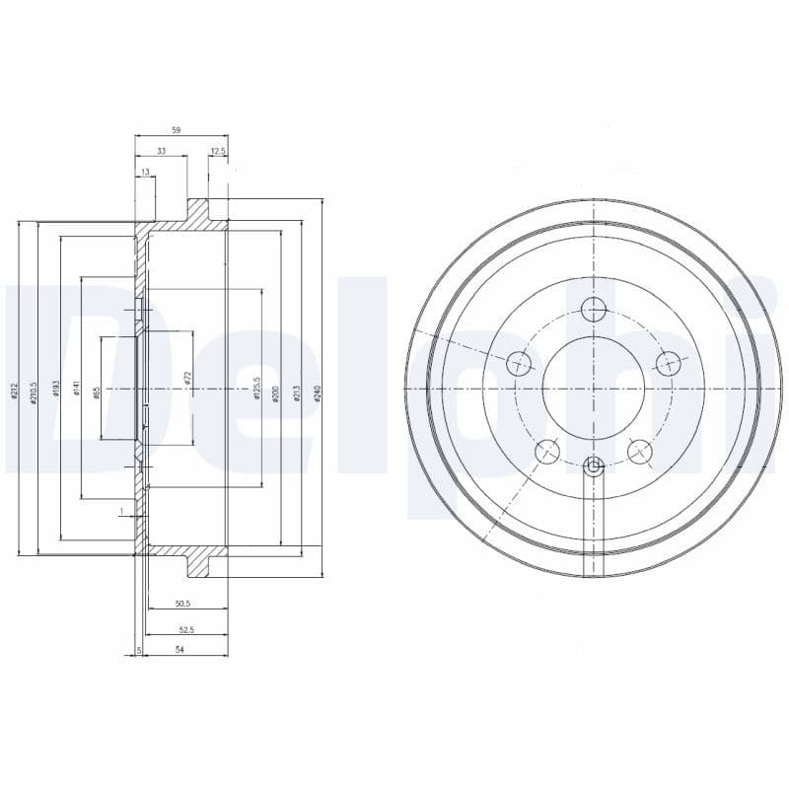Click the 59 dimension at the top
point(176,129)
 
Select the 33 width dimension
point(161,151)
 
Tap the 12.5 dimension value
point(218,151)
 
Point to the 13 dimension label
point(145,173)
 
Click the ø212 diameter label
point(15,392)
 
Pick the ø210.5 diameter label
point(34,392)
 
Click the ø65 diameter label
point(97,392)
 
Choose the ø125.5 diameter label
point(256,389)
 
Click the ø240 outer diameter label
point(318,392)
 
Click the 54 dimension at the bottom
point(179,650)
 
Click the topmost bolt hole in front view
point(593,310)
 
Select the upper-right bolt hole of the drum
point(669,363)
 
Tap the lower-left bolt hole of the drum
point(545,452)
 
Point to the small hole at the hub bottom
point(593,466)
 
